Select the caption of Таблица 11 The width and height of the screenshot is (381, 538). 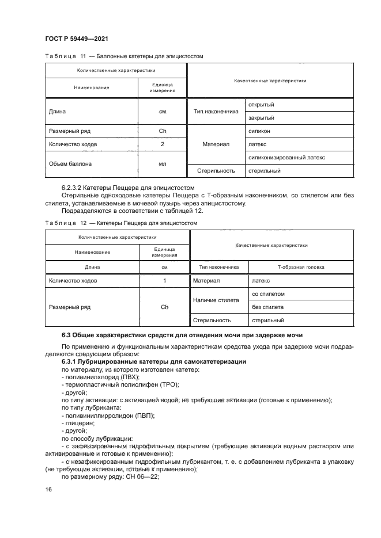[124, 56]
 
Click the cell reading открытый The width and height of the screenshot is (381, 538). [261, 105]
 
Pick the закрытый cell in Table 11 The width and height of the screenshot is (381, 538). [261, 118]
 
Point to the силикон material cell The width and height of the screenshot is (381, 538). [259, 131]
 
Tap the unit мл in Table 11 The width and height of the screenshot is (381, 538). [162, 163]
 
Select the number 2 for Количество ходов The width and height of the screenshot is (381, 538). [162, 144]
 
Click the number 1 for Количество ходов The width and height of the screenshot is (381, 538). [164, 280]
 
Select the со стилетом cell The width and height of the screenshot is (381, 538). [269, 293]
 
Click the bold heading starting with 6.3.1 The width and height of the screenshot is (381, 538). [154, 361]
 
